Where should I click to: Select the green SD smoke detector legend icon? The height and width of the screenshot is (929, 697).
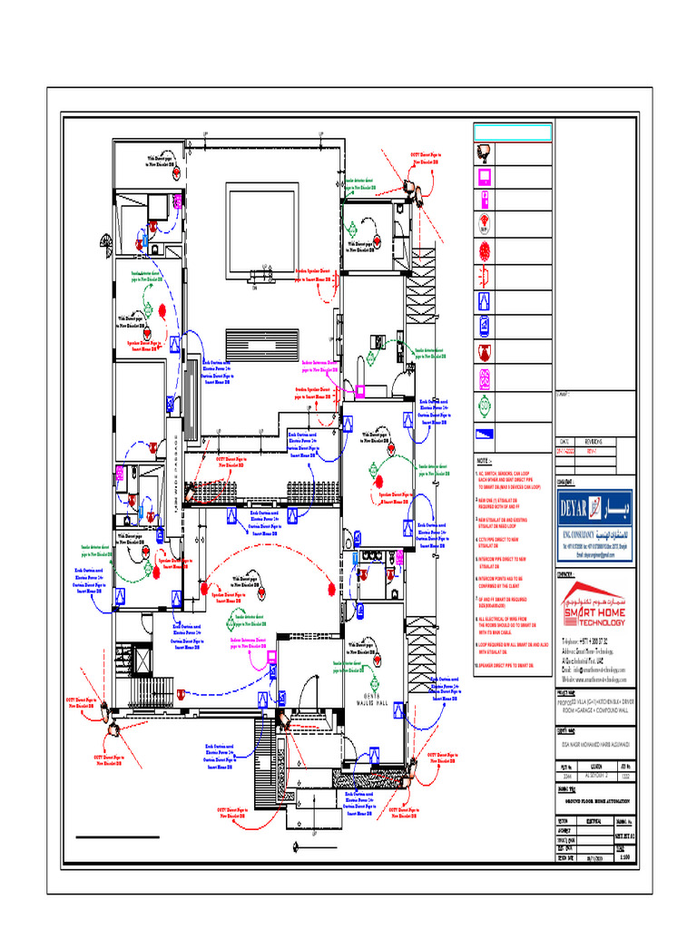pyautogui.click(x=486, y=403)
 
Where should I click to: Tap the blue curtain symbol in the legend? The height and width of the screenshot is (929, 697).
pyautogui.click(x=486, y=301)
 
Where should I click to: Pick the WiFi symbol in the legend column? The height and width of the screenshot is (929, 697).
pyautogui.click(x=486, y=223)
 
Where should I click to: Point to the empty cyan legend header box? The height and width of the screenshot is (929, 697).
pyautogui.click(x=512, y=132)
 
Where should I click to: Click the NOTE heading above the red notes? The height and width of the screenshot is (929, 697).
pyautogui.click(x=485, y=461)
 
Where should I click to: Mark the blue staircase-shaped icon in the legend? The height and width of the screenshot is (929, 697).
pyautogui.click(x=486, y=431)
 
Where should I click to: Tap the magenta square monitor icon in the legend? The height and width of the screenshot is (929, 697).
pyautogui.click(x=486, y=175)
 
